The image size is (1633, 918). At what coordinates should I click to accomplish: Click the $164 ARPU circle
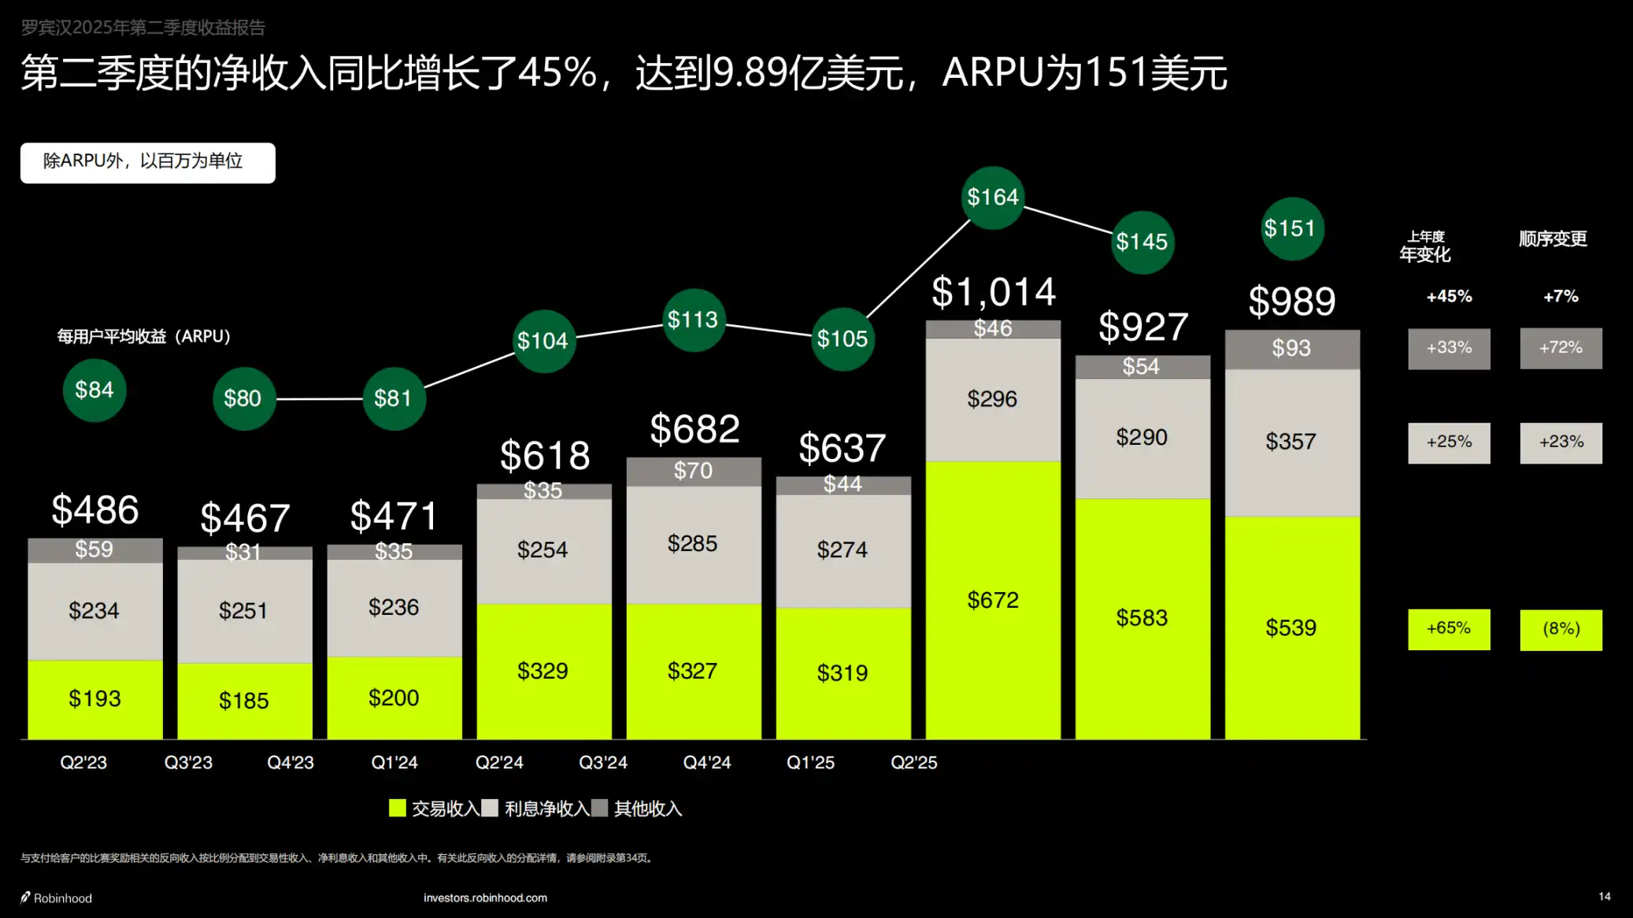pos(993,198)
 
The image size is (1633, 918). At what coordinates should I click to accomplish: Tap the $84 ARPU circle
pos(94,391)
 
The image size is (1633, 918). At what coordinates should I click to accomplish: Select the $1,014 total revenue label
pos(994,293)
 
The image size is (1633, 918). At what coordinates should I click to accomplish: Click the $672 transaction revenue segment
pos(993,600)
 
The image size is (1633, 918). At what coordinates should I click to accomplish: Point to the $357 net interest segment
pos(1291,442)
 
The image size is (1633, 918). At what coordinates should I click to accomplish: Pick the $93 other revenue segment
pos(1291,349)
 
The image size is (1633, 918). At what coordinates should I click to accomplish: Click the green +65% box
pos(1449,628)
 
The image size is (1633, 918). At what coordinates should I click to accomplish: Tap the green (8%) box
pos(1561,629)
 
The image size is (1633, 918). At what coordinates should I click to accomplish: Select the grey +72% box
pos(1561,348)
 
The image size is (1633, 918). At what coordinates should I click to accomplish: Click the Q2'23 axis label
pos(83,762)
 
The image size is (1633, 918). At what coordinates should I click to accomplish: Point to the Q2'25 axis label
pos(913,762)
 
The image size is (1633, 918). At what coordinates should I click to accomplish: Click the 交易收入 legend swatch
pos(398,808)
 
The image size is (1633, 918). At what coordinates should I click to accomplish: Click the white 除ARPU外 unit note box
pos(148,162)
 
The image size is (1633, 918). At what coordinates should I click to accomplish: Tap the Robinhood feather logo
pos(25,898)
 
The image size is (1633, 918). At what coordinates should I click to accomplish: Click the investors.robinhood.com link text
pos(485,898)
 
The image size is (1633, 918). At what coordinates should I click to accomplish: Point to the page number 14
pos(1604,897)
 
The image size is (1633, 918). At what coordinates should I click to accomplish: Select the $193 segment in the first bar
pos(94,698)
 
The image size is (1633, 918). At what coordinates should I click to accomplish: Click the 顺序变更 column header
pos(1553,239)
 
